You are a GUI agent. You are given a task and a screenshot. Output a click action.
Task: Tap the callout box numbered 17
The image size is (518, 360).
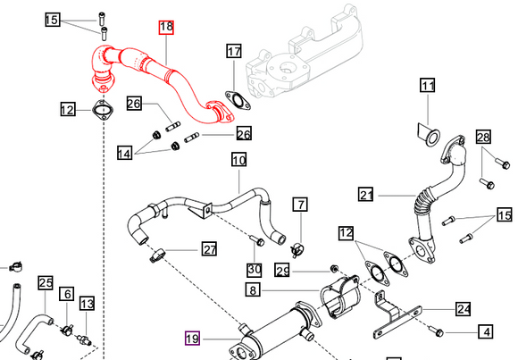pyautogui.click(x=234, y=51)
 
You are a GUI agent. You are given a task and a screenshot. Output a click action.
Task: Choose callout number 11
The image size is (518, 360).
pyautogui.click(x=428, y=87)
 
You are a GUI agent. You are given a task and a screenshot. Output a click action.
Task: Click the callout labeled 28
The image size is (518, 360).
pyautogui.click(x=483, y=137)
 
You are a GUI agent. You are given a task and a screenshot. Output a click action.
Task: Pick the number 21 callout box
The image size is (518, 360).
pyautogui.click(x=366, y=194)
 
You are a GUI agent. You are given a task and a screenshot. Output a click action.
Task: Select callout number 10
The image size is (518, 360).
pyautogui.click(x=238, y=161)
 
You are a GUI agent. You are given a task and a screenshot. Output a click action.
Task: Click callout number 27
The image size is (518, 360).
pyautogui.click(x=208, y=249)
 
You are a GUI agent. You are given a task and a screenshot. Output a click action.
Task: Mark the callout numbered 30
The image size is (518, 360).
pyautogui.click(x=254, y=270)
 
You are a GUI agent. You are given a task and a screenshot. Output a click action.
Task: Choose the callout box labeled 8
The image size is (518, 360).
pyautogui.click(x=254, y=290)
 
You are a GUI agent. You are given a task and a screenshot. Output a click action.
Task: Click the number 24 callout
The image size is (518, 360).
pyautogui.click(x=463, y=310)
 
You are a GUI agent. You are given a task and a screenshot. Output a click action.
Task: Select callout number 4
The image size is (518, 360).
pyautogui.click(x=485, y=332)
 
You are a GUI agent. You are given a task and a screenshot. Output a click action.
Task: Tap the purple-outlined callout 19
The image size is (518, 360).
pyautogui.click(x=192, y=338)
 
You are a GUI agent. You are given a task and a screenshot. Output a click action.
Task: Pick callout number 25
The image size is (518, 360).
pyautogui.click(x=46, y=283)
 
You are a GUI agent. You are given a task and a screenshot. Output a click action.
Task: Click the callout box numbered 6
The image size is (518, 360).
pyautogui.click(x=66, y=294)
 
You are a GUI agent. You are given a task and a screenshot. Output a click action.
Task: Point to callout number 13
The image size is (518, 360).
pyautogui.click(x=86, y=304)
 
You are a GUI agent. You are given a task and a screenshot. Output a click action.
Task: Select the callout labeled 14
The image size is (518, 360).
pyautogui.click(x=126, y=155)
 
